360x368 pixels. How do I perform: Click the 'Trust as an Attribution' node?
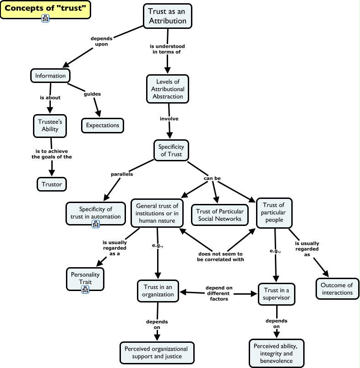pos(167,16)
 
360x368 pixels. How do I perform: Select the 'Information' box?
pos(50,75)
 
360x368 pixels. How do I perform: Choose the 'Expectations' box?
pos(103,125)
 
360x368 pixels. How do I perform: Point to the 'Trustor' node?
pos(52,184)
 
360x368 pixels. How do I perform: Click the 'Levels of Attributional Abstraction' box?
pos(167,89)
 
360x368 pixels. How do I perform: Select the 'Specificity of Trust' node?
pos(171,150)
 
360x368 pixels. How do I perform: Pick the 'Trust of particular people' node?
pos(274,213)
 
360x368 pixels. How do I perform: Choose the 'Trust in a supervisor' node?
pos(277,294)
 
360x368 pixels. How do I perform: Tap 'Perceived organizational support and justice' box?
pos(157,352)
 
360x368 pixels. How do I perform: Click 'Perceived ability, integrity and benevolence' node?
pos(276,353)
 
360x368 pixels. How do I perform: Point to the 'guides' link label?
pos(92,94)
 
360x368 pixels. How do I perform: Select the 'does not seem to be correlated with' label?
pos(221,257)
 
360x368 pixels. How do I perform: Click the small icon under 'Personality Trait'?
pos(85,289)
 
